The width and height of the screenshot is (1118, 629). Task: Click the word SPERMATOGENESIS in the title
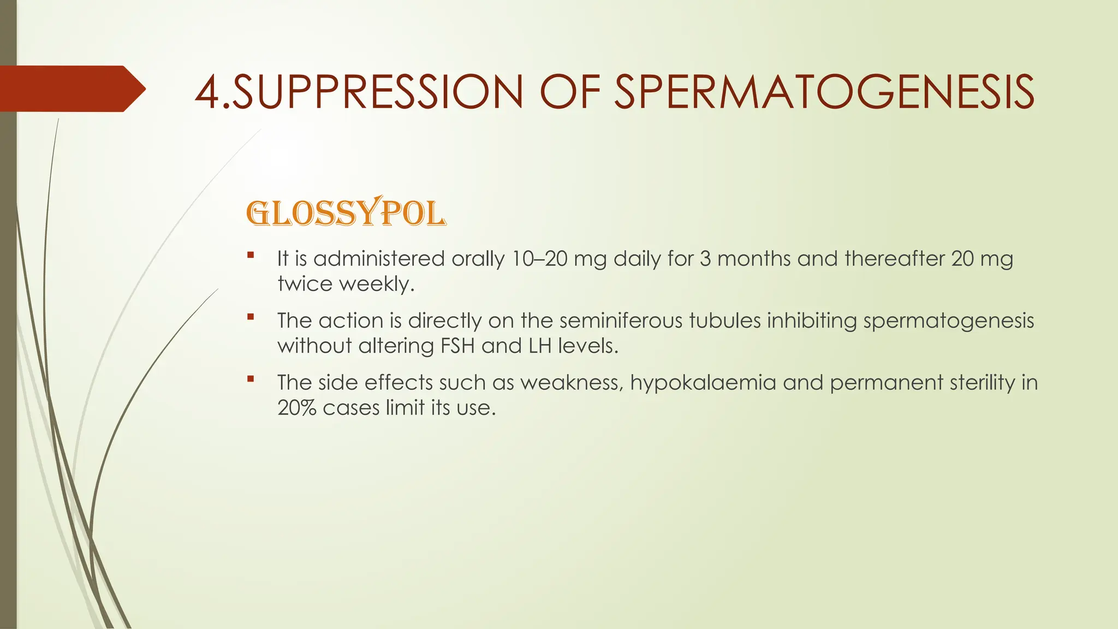824,92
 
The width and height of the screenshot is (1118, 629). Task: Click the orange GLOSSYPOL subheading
346,213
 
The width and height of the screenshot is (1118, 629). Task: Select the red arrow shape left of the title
71,88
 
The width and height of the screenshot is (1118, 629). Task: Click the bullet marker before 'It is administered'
251,254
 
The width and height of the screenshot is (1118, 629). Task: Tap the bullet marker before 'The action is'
251,317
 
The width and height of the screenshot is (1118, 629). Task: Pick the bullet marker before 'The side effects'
251,378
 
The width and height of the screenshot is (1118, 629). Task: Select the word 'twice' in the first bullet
305,284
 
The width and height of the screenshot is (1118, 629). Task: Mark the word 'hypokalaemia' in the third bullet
703,383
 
